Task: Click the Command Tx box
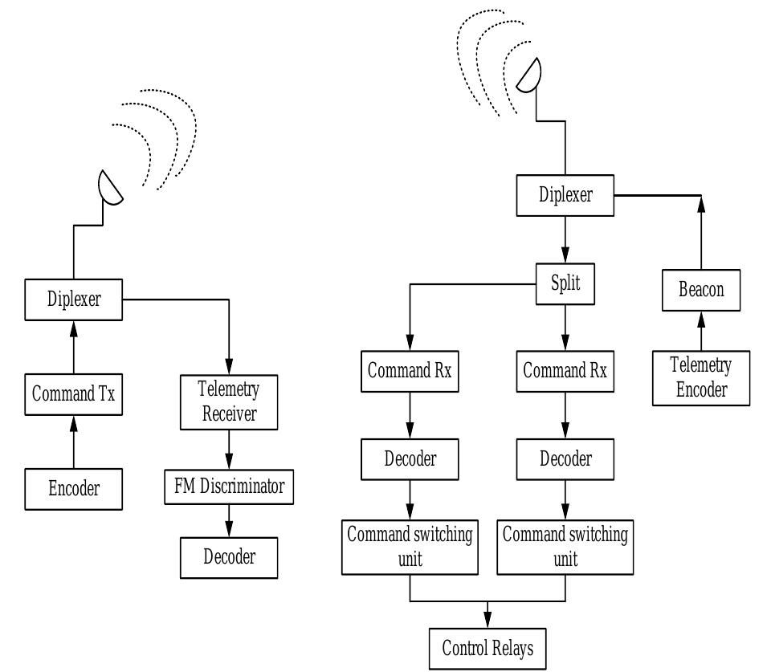point(74,394)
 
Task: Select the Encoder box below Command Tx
point(74,487)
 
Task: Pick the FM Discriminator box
point(229,487)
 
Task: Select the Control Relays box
point(487,647)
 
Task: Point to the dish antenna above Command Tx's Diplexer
point(109,187)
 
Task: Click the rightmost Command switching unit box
point(564,546)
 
